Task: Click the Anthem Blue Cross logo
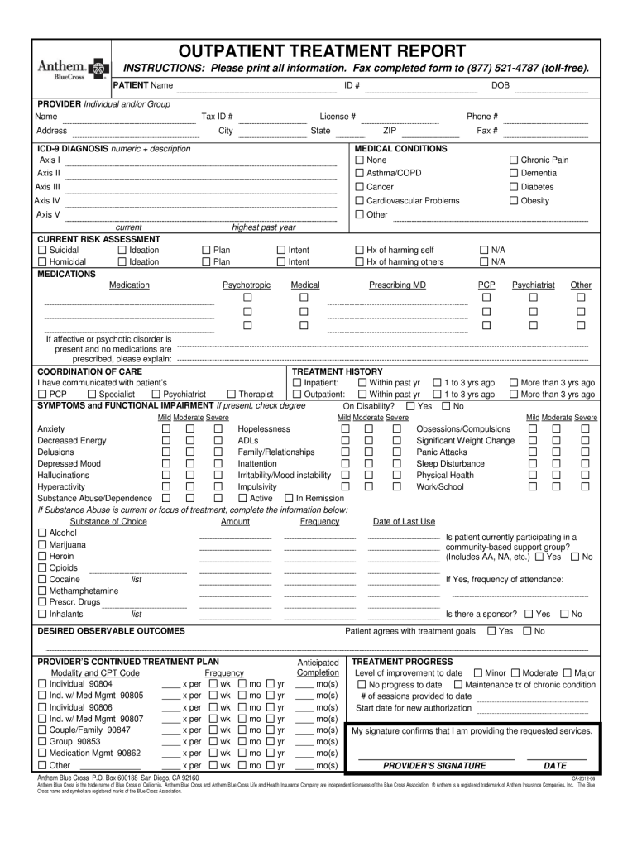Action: tap(72, 69)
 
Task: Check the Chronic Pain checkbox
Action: tap(513, 160)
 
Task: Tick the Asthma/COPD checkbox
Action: tap(360, 173)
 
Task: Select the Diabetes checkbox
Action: tap(513, 187)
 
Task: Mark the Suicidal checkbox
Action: tap(42, 250)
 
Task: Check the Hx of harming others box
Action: tap(360, 262)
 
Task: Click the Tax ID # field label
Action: tap(217, 117)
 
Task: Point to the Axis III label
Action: tap(48, 187)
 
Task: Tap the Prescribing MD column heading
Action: tap(397, 285)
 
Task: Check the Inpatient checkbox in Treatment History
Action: tap(297, 383)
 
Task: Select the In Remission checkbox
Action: tap(289, 499)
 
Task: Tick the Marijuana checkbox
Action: tap(42, 545)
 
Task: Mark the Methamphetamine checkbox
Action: tap(42, 591)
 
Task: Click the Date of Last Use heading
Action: tap(404, 522)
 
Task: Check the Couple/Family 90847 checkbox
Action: tap(42, 730)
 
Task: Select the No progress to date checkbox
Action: tap(360, 685)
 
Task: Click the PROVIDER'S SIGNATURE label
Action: tap(434, 766)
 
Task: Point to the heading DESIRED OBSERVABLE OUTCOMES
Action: tap(112, 631)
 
